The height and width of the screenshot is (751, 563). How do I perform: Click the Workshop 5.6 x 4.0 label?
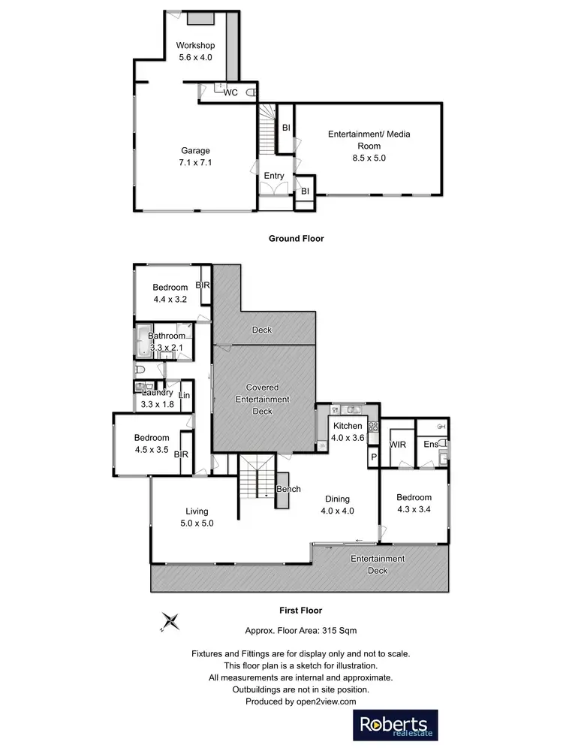coord(197,51)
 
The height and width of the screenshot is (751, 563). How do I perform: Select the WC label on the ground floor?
coord(230,92)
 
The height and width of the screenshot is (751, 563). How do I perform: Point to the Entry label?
coord(274,176)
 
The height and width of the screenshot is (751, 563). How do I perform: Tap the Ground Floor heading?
coord(296,239)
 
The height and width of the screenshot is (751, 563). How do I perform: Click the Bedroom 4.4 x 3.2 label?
coord(170,293)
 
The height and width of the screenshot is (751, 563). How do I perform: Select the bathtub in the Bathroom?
coord(143,341)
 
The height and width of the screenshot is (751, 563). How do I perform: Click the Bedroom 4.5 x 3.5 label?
coord(152,443)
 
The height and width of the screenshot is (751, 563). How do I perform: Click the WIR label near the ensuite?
coord(397,445)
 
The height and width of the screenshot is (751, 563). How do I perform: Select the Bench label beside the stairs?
coord(288,490)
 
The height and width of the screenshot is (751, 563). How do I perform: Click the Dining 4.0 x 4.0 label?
coord(337,504)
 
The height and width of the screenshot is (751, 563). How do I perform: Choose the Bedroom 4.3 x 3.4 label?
coord(414,503)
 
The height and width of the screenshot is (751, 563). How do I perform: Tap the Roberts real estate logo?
coord(396,725)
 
